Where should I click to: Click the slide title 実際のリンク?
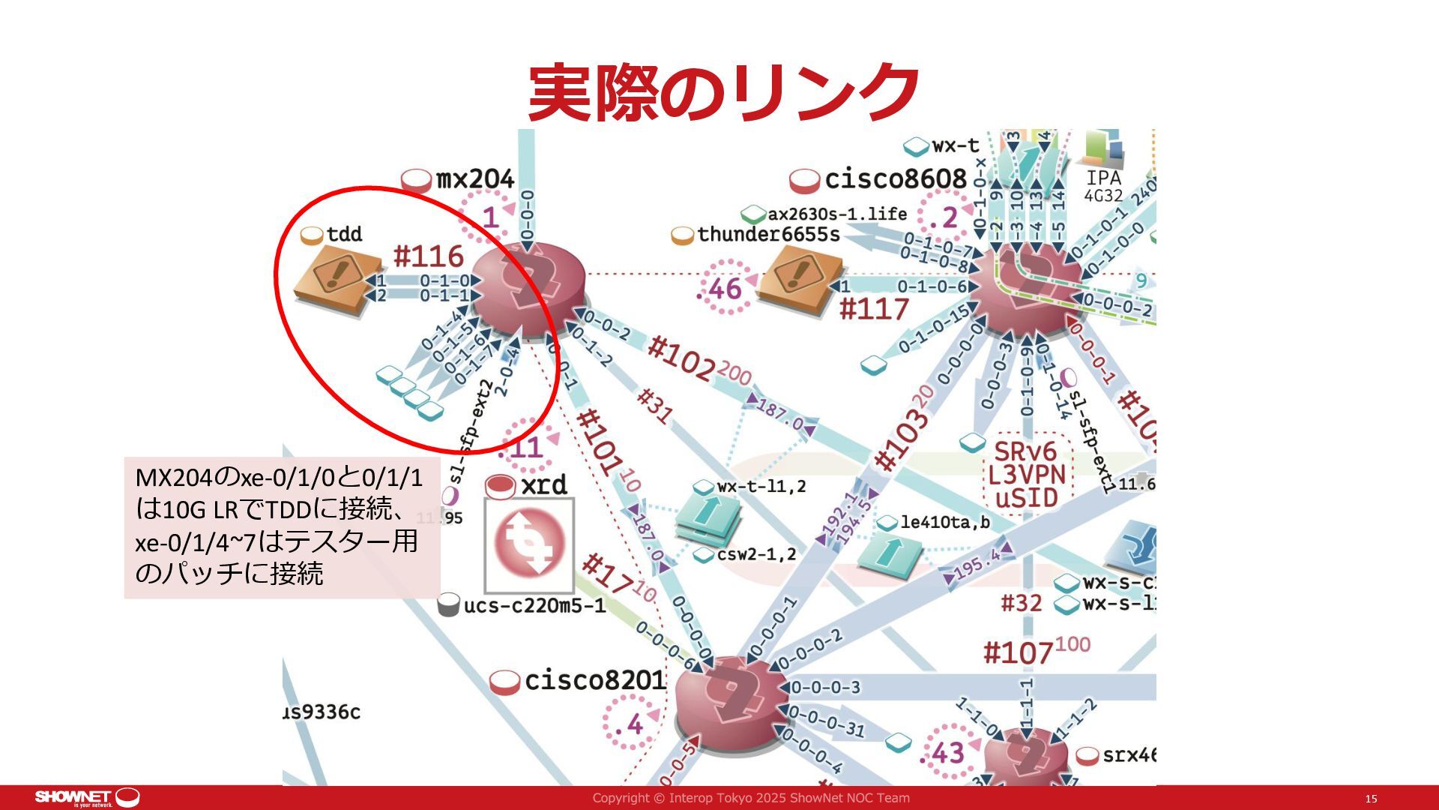pyautogui.click(x=724, y=94)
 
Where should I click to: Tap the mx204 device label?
pyautogui.click(x=474, y=180)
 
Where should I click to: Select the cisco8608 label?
pyautogui.click(x=895, y=179)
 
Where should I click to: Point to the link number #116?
pyautogui.click(x=429, y=257)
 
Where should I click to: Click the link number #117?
pyautogui.click(x=874, y=309)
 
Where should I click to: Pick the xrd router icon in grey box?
pyautogui.click(x=529, y=545)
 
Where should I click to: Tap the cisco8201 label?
pyautogui.click(x=594, y=681)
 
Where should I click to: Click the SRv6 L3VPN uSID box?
pyautogui.click(x=1027, y=475)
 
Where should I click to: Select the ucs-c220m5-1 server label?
pyautogui.click(x=534, y=605)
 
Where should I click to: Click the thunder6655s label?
pyautogui.click(x=767, y=235)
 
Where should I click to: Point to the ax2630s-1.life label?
pyautogui.click(x=836, y=214)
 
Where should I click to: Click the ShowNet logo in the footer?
pyautogui.click(x=87, y=797)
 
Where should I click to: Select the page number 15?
pyautogui.click(x=1371, y=799)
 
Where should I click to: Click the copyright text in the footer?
pyautogui.click(x=751, y=798)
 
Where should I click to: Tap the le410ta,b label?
pyautogui.click(x=944, y=522)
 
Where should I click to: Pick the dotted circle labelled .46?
pyautogui.click(x=724, y=289)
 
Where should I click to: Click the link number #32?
pyautogui.click(x=1022, y=603)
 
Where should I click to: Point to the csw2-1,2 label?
pyautogui.click(x=755, y=555)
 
